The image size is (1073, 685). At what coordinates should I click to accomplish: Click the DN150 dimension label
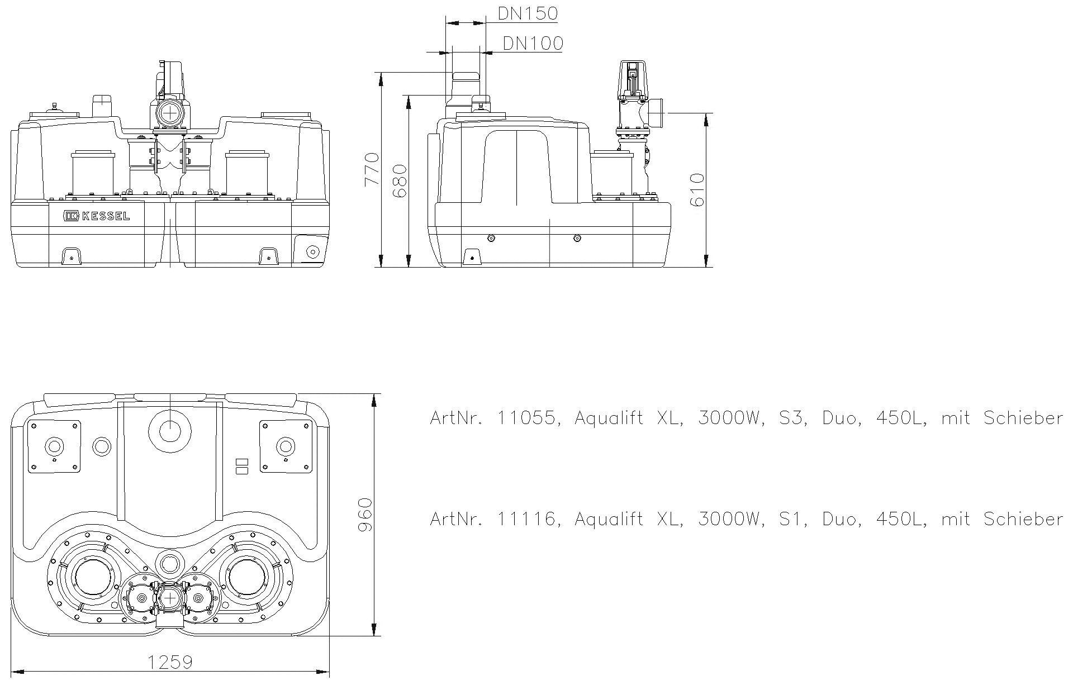[x=528, y=13]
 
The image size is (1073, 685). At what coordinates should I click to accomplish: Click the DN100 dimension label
[x=533, y=43]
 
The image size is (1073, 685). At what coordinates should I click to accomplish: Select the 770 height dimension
[x=371, y=169]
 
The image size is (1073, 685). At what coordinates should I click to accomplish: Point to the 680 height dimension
[x=399, y=180]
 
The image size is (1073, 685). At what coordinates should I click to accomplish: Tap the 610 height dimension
[x=697, y=190]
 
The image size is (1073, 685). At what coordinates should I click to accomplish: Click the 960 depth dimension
[x=364, y=515]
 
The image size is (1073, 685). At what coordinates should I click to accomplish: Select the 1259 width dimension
[x=170, y=662]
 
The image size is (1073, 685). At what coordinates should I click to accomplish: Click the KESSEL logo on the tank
[x=96, y=216]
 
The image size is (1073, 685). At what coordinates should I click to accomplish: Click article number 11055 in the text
[x=527, y=418]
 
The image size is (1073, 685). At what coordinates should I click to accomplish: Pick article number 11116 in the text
[x=527, y=519]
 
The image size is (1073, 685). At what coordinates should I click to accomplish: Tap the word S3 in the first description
[x=791, y=418]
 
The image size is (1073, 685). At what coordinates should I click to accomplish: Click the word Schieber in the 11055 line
[x=1023, y=418]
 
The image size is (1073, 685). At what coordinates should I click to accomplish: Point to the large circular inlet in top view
[x=170, y=430]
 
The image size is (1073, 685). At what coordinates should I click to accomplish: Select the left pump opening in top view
[x=93, y=577]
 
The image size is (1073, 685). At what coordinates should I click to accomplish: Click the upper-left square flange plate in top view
[x=54, y=446]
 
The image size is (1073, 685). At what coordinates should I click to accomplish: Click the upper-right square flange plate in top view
[x=285, y=446]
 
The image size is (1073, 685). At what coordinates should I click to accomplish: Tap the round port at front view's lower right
[x=312, y=252]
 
